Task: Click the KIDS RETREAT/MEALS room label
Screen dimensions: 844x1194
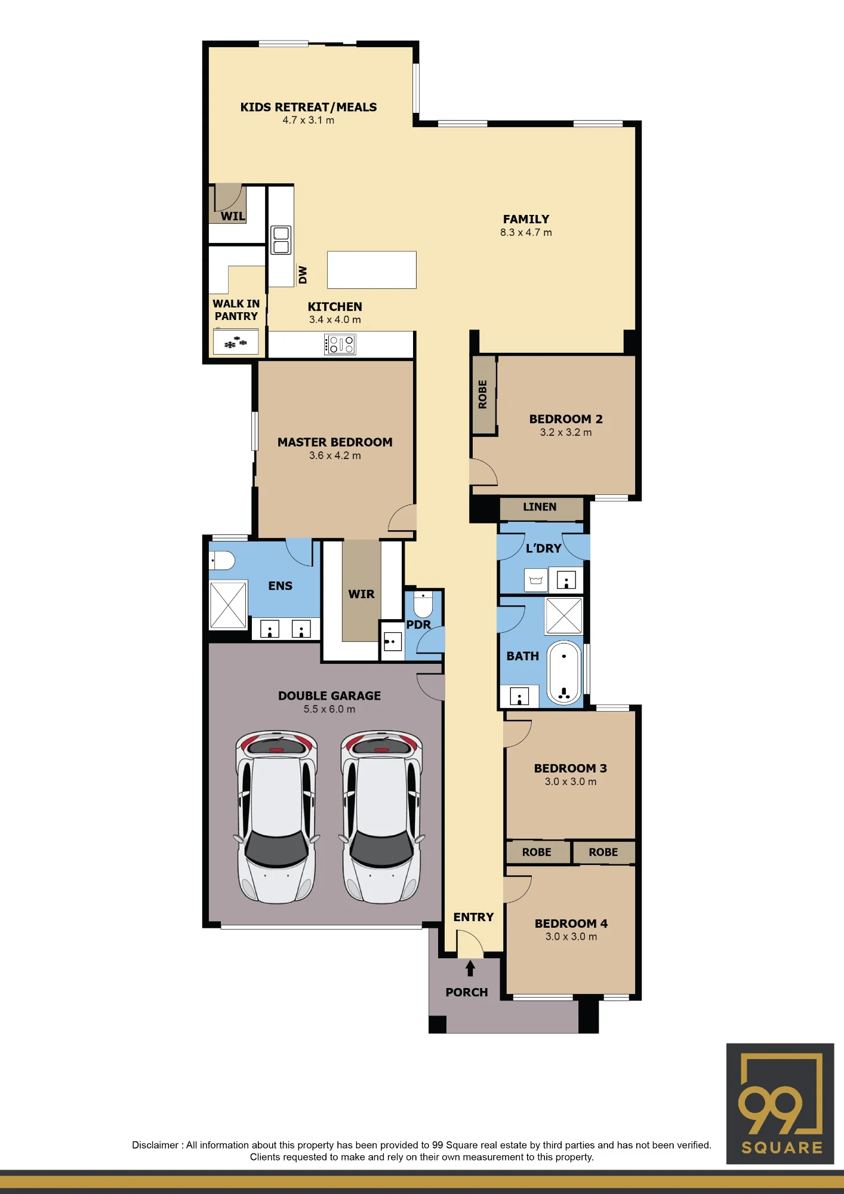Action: tap(309, 107)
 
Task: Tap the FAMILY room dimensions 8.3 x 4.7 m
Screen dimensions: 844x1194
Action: tap(526, 232)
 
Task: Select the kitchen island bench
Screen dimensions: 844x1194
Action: tap(371, 270)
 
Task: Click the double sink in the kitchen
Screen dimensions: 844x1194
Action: tap(281, 240)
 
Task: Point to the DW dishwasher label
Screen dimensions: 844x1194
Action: tap(303, 275)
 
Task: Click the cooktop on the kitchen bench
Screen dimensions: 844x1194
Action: tap(340, 344)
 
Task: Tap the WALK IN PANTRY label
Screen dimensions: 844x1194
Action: tap(236, 310)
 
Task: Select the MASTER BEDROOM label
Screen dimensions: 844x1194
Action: tap(335, 442)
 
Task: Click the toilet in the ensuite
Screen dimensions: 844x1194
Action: tap(221, 561)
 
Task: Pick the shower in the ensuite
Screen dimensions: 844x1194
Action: tap(228, 605)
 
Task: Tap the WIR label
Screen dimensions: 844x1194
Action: tap(361, 594)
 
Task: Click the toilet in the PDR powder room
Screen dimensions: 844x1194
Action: tap(423, 604)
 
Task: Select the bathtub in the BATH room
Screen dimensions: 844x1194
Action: tap(564, 673)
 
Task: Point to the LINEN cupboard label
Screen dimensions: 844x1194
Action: tap(540, 507)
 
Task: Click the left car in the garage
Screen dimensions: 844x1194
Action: tap(276, 817)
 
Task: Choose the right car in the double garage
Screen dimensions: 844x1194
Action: tap(381, 817)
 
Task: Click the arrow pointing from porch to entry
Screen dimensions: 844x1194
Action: tap(470, 968)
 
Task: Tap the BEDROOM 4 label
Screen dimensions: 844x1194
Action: tap(571, 924)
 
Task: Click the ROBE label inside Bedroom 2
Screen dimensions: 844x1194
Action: tap(483, 395)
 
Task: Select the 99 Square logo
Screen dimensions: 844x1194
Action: tap(780, 1104)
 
